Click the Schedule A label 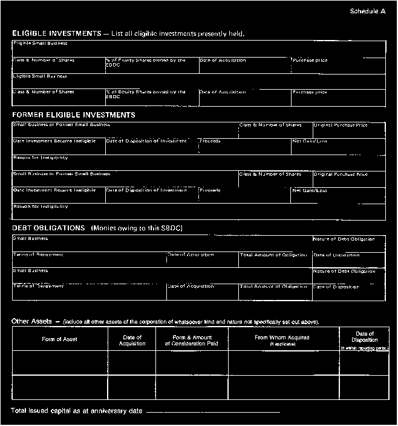367,12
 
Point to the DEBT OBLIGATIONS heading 48,228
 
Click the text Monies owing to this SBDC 137,228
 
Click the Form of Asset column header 59,339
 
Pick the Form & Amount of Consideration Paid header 191,341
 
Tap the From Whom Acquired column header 283,338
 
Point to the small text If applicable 283,344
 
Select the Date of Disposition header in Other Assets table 365,336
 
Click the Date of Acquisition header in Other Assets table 132,341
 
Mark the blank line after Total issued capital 213,412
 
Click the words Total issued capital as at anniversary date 77,411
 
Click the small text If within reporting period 365,348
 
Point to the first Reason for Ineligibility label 41,158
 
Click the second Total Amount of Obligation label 273,287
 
